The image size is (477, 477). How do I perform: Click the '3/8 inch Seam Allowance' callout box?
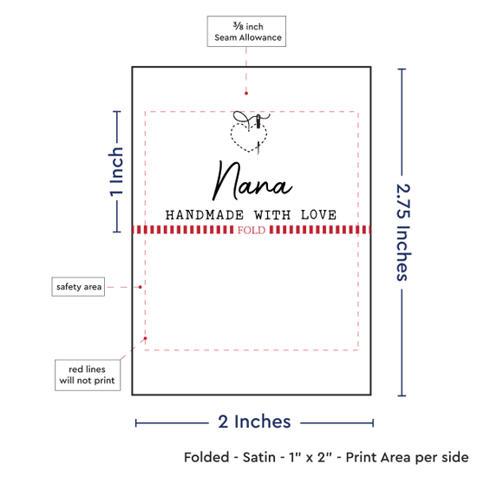coord(246,31)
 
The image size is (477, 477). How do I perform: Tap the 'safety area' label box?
coord(78,286)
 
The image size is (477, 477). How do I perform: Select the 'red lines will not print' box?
coord(88,375)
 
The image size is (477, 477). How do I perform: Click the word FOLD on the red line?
coord(252,230)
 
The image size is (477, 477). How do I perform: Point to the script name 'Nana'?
coord(252,180)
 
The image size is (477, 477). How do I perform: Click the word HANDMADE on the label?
coord(205,215)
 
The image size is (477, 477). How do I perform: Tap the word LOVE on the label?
coord(318,215)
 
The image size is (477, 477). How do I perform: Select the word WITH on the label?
coord(272,215)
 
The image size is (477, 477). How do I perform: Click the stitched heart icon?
coord(250,133)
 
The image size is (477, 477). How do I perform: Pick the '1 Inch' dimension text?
coord(116,171)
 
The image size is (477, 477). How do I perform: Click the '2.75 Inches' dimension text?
coord(403,232)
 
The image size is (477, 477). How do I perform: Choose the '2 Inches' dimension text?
coord(254,421)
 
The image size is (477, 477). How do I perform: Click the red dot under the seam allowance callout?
coord(246,94)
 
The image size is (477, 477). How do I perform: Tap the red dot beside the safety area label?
coord(140,287)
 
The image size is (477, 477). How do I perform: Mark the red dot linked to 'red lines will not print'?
coord(146,338)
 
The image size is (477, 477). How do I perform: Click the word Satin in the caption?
coord(259,457)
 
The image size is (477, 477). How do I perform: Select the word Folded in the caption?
coord(206,457)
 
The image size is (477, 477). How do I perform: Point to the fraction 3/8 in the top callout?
coord(238,26)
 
